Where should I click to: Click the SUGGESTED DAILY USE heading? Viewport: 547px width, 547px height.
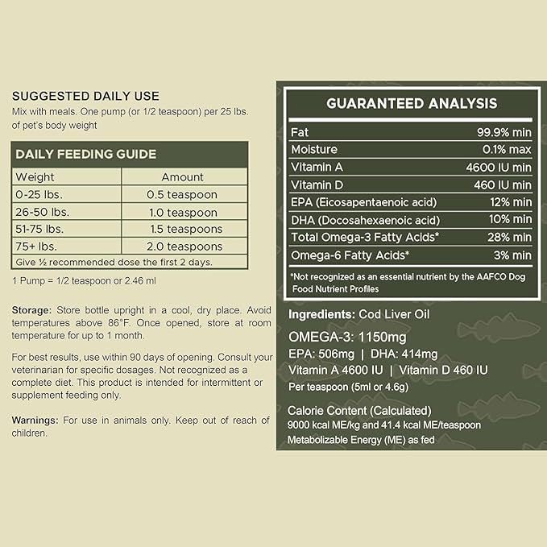[x=85, y=96]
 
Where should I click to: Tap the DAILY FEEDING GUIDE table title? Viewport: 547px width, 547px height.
[x=85, y=154]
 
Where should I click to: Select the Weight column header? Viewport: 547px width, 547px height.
[x=35, y=176]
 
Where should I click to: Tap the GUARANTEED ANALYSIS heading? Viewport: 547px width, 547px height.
[x=411, y=103]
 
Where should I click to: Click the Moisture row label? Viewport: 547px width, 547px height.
[x=315, y=149]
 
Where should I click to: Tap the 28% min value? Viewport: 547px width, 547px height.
[x=508, y=238]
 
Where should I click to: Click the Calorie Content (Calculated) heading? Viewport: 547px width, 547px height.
[x=363, y=410]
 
